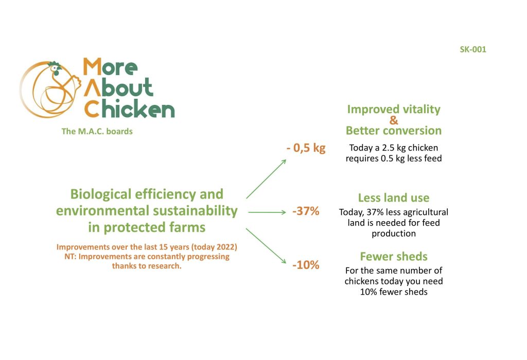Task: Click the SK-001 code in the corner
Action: click(x=472, y=50)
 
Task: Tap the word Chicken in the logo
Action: click(x=129, y=109)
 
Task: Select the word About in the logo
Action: click(x=118, y=87)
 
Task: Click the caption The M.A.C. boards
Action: click(x=97, y=131)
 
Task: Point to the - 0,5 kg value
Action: click(x=306, y=148)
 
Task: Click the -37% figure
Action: click(x=306, y=211)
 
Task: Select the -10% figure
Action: click(x=306, y=265)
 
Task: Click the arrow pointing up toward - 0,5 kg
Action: click(x=266, y=178)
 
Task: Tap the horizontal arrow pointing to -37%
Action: click(x=267, y=211)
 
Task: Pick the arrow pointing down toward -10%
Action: click(x=266, y=246)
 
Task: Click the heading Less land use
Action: click(x=393, y=198)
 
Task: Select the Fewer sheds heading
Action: click(x=393, y=257)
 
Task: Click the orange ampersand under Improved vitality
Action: click(x=394, y=120)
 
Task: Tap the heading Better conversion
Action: click(x=394, y=130)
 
